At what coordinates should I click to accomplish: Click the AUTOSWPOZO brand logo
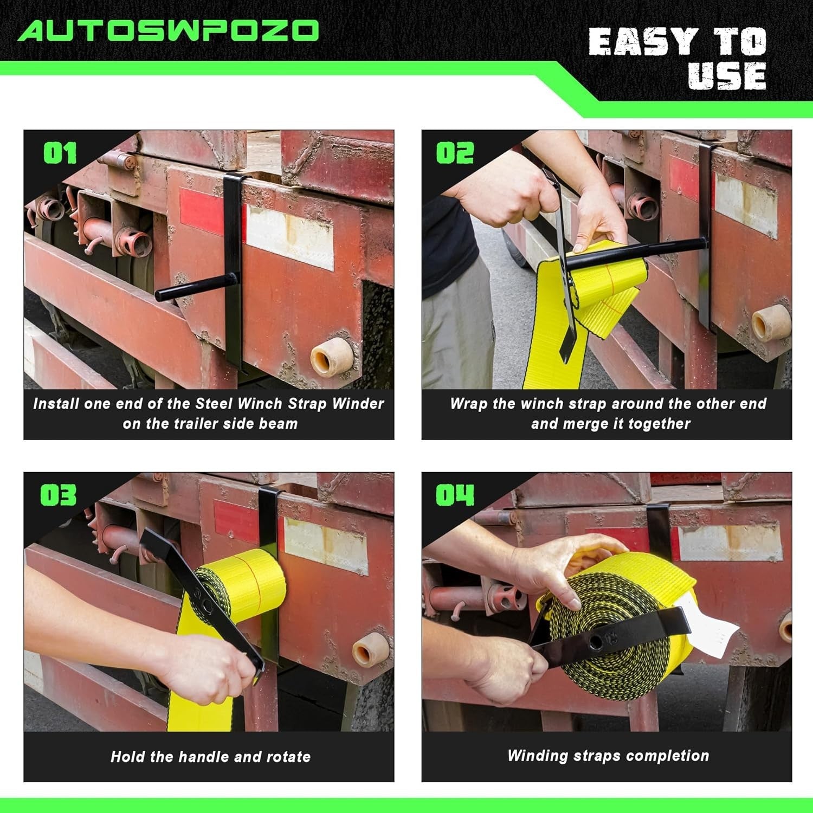click(169, 31)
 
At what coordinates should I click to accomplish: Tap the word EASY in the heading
click(643, 42)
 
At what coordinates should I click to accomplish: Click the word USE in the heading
click(727, 76)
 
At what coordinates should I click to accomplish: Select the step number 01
click(60, 153)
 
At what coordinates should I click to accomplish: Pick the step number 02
click(455, 153)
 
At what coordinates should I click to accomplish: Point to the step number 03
click(59, 495)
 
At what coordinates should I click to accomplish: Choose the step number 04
click(455, 495)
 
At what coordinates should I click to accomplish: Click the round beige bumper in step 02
click(770, 323)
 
